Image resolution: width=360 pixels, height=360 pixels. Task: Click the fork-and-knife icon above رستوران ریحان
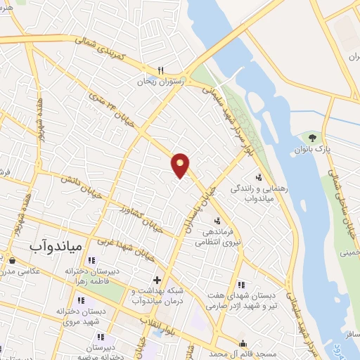[x=160, y=70]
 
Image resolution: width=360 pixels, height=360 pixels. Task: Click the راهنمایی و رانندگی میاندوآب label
[x=256, y=194]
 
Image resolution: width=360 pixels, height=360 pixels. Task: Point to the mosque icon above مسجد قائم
[x=243, y=343]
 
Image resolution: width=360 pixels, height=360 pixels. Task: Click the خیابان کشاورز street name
[x=141, y=219]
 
